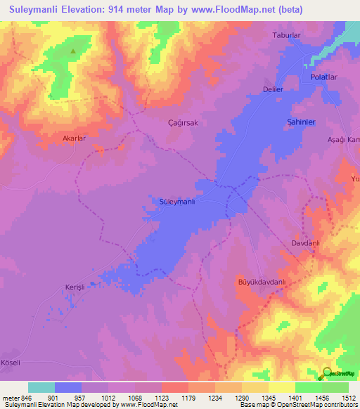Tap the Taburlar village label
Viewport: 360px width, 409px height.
point(286,34)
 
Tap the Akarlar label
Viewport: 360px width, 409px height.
point(74,138)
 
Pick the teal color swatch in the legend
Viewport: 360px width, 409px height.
point(41,387)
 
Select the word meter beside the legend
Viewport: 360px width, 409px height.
point(11,398)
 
